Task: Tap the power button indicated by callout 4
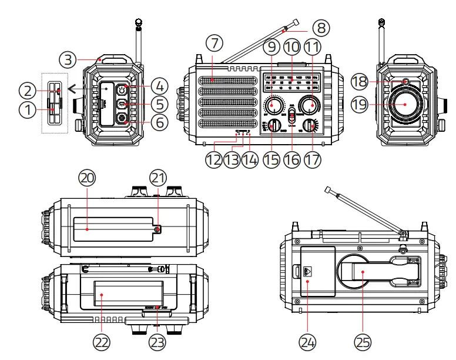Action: (123, 90)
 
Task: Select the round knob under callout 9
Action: (273, 105)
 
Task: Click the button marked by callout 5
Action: (123, 104)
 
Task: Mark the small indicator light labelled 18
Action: (405, 81)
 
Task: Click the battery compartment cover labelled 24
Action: (317, 271)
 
